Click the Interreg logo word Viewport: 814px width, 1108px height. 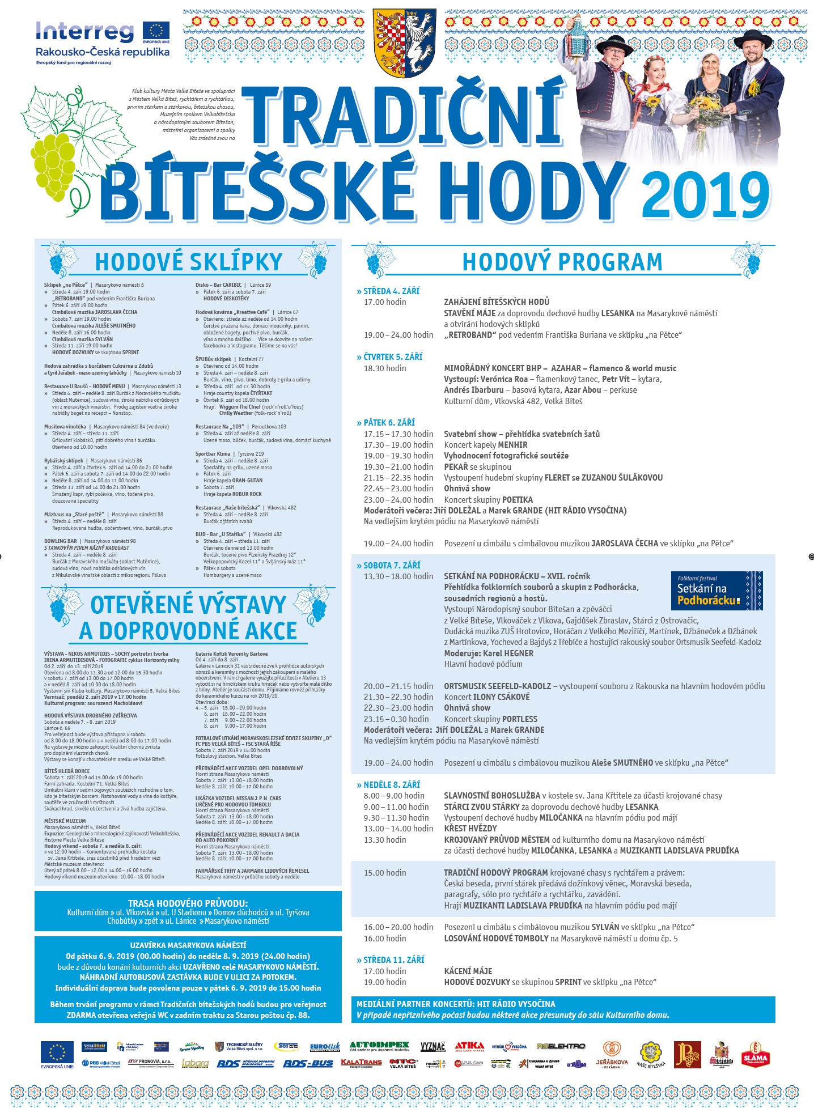[x=85, y=32]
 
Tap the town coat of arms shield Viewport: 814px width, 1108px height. [x=404, y=43]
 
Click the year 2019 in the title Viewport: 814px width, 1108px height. [x=706, y=194]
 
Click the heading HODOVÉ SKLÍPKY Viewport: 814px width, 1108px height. [x=188, y=262]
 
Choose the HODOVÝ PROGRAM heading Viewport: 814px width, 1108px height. [x=562, y=262]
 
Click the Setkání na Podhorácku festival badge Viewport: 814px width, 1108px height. [x=717, y=591]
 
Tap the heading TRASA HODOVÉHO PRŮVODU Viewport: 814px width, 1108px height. [x=188, y=903]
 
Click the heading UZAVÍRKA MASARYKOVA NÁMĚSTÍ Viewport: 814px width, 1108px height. [x=188, y=945]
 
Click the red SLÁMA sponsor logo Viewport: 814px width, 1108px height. [x=755, y=1055]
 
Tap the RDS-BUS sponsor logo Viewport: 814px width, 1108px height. [x=308, y=1064]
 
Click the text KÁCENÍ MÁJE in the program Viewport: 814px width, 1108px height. [x=468, y=971]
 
